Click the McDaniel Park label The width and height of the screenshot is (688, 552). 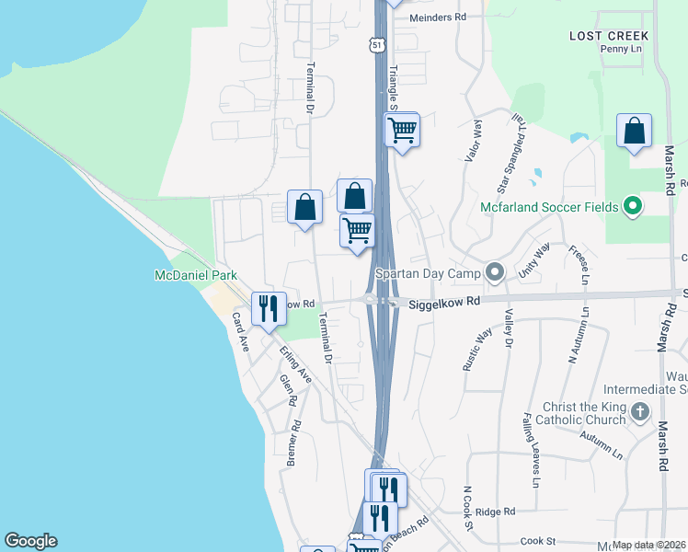point(195,275)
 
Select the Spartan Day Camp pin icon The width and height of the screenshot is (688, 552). point(495,272)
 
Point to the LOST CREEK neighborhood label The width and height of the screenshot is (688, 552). point(609,36)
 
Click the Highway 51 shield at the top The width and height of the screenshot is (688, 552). point(373,43)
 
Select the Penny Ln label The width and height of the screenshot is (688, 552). point(621,49)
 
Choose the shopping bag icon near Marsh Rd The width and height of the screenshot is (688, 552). point(634,132)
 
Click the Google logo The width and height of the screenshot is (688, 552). point(30,541)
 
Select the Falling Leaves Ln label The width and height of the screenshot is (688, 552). point(533,449)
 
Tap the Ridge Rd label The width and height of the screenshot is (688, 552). point(495,512)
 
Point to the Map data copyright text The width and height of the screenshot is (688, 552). point(649,545)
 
